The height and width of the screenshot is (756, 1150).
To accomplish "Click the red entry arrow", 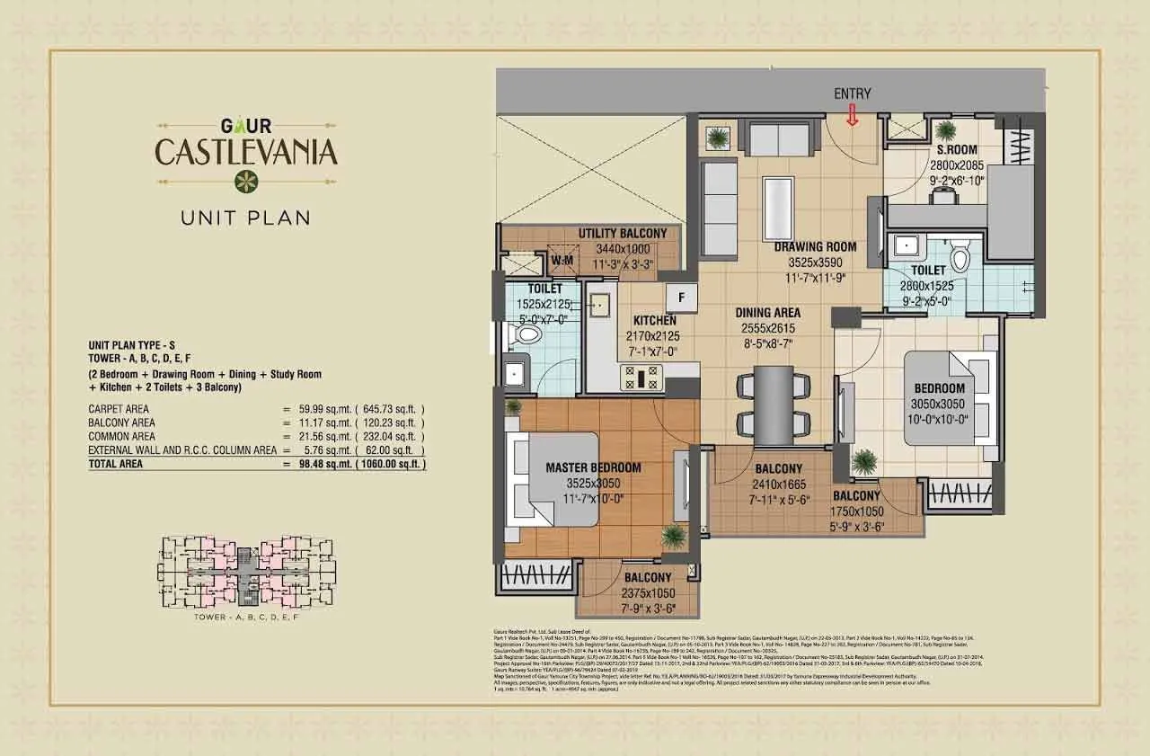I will pos(852,114).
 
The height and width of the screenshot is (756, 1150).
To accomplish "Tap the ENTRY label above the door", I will pos(852,93).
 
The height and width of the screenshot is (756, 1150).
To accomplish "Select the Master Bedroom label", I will pos(593,467).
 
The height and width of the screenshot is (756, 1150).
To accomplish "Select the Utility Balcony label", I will pos(622,234).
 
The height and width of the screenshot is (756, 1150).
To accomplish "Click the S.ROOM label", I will pos(958,150).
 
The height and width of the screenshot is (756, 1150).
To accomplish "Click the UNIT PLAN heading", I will pos(245,217).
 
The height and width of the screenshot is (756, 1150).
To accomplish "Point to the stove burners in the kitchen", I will pos(648,375).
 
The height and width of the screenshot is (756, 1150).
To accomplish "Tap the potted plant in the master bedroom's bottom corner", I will pos(673,536).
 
